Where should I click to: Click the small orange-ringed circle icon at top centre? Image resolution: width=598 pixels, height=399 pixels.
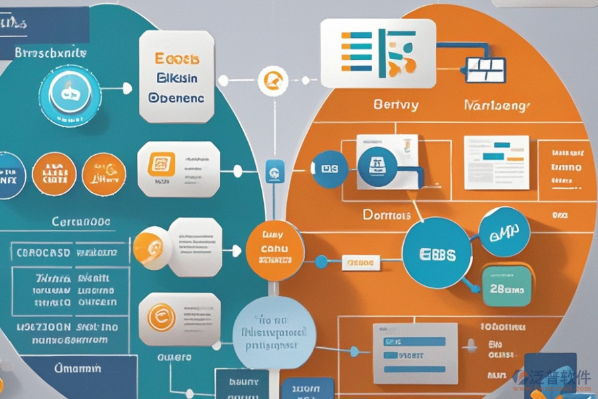[x=271, y=80]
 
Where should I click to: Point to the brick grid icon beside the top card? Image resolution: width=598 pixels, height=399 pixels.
[x=484, y=70]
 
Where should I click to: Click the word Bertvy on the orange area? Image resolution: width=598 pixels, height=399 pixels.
[x=395, y=105]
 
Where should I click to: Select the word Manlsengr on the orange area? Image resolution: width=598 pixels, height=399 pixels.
[x=497, y=105]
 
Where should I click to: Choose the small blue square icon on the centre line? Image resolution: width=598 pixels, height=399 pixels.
[x=272, y=173]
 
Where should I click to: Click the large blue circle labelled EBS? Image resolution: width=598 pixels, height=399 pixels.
[x=437, y=254]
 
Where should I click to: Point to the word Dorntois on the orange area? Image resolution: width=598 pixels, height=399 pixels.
[x=387, y=215]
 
